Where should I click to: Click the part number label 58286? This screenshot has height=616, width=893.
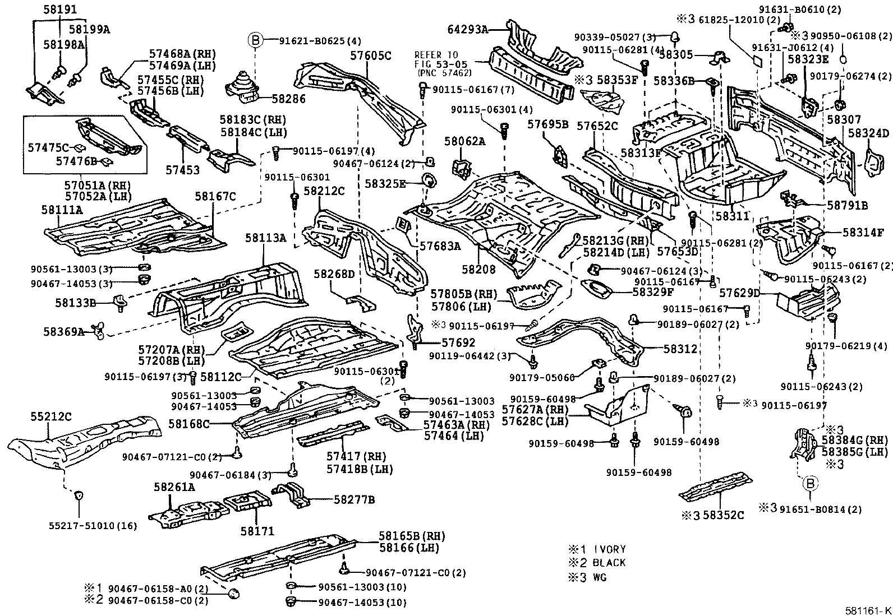289,99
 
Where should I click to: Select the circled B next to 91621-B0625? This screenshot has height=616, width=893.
256,40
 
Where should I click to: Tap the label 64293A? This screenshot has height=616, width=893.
468,29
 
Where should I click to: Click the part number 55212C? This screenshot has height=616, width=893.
51,416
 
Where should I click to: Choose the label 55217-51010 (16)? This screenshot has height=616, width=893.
93,526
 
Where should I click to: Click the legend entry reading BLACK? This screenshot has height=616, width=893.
609,563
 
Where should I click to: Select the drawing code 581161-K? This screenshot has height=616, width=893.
868,610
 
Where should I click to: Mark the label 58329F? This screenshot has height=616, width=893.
653,292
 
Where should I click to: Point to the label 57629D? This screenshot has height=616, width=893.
739,293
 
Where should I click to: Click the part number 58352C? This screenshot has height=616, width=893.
723,515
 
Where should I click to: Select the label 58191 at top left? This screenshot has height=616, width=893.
60,9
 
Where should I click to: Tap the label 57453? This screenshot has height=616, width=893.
183,170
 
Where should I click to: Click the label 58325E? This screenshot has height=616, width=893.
385,184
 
